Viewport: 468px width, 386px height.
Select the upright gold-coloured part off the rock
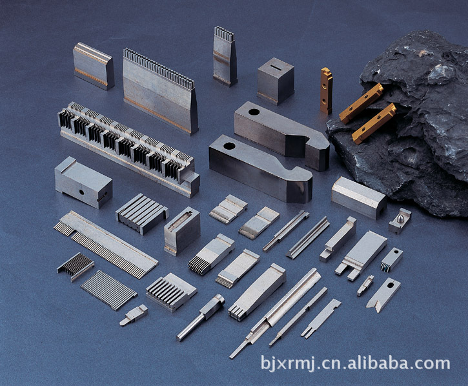[326, 91]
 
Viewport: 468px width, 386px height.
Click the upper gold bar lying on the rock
[361, 103]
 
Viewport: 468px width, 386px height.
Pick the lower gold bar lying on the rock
[374, 123]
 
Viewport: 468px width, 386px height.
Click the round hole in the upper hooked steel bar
[254, 112]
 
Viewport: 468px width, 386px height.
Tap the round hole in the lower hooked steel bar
[229, 147]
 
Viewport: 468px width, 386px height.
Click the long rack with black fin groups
[129, 148]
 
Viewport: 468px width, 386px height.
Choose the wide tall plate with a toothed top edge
[161, 91]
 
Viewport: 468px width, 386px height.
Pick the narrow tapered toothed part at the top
[225, 56]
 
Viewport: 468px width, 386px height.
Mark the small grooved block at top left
[94, 66]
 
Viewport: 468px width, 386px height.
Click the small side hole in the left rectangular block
[81, 192]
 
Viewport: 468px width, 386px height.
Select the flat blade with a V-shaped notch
[383, 295]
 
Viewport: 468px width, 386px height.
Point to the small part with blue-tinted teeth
[392, 259]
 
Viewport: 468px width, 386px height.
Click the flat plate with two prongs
[361, 256]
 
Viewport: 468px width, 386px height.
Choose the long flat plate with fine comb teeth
[106, 243]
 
